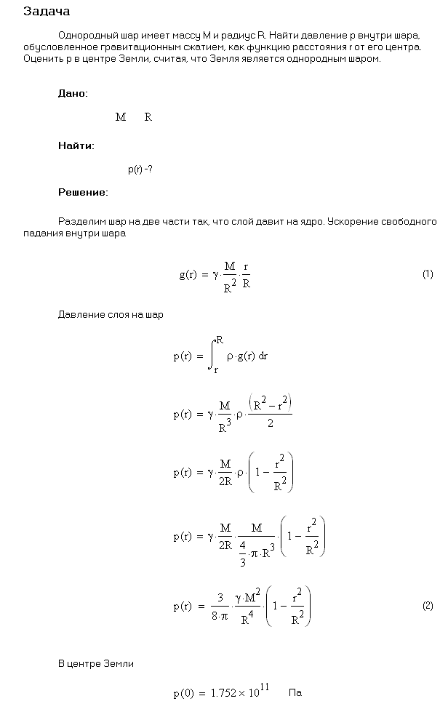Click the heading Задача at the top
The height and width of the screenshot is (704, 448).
(47, 12)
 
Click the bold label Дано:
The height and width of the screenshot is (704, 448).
(73, 94)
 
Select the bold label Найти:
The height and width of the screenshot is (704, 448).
(76, 145)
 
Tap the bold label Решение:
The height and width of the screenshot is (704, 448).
(83, 193)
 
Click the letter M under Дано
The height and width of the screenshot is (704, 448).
(121, 117)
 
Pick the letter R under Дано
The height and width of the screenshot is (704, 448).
(148, 117)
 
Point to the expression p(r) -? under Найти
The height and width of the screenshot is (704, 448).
(140, 169)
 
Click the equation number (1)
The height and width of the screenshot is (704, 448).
(428, 274)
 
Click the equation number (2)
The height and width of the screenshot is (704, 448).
(428, 606)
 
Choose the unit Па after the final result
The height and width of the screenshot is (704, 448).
(295, 694)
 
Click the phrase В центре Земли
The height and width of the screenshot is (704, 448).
(96, 664)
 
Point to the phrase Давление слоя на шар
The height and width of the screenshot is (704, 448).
(111, 315)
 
